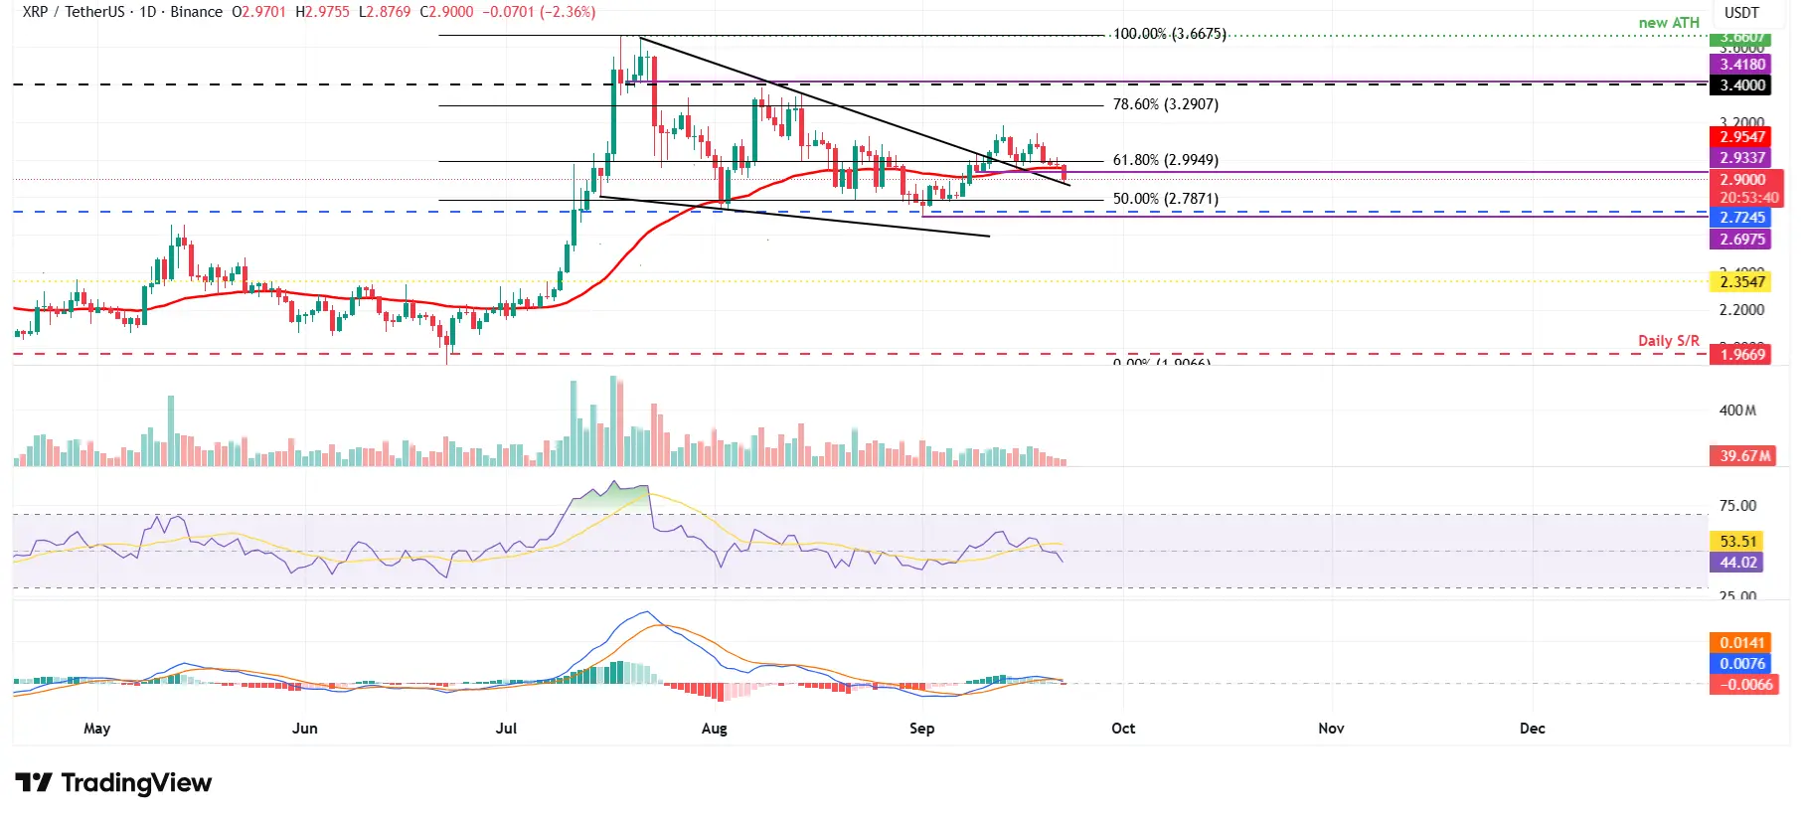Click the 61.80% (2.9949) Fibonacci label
[x=1165, y=160]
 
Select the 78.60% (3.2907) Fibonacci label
[x=1165, y=104]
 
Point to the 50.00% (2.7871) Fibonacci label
[x=1165, y=199]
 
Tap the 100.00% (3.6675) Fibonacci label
[x=1169, y=34]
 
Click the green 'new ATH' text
[x=1669, y=23]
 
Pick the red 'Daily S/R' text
[x=1669, y=341]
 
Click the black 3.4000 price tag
[x=1742, y=85]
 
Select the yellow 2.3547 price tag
[x=1742, y=282]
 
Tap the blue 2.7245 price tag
[x=1742, y=218]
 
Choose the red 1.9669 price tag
[x=1742, y=355]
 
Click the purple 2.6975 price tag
[x=1742, y=240]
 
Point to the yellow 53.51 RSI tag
[x=1738, y=542]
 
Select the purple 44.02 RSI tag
[x=1738, y=563]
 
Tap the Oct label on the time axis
[x=1123, y=729]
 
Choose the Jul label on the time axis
[x=506, y=729]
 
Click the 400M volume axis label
[x=1737, y=410]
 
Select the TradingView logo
[x=113, y=783]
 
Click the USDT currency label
[x=1741, y=13]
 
